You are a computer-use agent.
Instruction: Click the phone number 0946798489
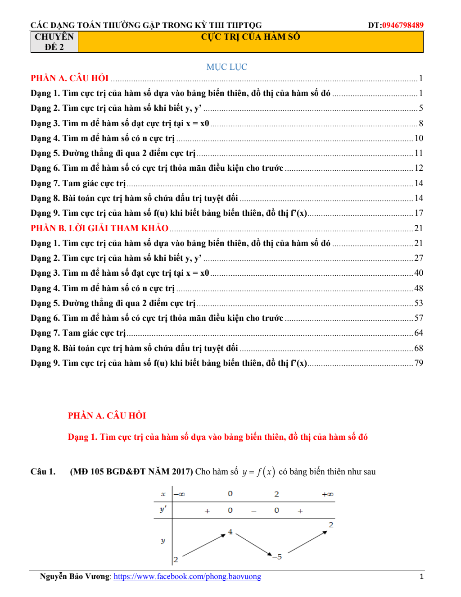[402, 25]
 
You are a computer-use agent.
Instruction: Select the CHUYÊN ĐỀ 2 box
[54, 42]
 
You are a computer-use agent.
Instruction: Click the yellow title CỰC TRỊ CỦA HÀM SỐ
[250, 37]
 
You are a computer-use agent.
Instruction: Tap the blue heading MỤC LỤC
[226, 67]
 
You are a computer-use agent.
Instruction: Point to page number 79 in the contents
[419, 363]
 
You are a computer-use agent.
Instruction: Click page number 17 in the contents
[419, 213]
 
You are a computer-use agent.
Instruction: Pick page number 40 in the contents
[419, 273]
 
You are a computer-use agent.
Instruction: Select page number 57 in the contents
[419, 318]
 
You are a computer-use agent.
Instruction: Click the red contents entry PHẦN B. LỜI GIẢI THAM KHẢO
[99, 228]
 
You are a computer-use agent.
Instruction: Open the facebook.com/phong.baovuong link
[187, 577]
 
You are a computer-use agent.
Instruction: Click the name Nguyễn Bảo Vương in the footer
[75, 577]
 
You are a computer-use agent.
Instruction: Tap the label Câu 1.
[43, 472]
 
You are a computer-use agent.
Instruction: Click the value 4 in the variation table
[230, 532]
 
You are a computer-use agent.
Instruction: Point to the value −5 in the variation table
[277, 557]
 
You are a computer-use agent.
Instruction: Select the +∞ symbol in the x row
[327, 494]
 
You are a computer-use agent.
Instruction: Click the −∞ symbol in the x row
[180, 494]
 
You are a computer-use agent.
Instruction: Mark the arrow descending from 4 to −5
[253, 545]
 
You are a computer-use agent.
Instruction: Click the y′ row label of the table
[163, 510]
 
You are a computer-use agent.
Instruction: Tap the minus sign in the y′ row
[254, 511]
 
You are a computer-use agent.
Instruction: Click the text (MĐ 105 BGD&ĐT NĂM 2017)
[131, 472]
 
